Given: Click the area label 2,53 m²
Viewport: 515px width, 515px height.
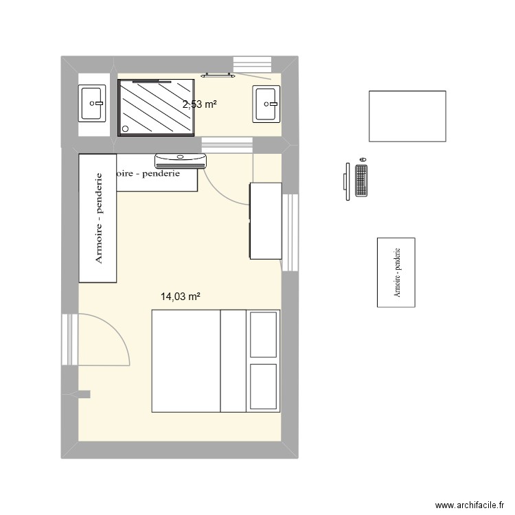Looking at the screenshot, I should click(x=199, y=104).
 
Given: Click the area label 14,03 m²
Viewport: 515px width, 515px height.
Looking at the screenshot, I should click(x=180, y=297).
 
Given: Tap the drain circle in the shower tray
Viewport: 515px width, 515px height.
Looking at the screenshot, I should click(x=125, y=128).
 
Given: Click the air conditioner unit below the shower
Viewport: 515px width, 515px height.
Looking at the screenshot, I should click(x=181, y=161).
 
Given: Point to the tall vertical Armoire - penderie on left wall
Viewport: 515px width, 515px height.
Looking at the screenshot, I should click(x=98, y=218).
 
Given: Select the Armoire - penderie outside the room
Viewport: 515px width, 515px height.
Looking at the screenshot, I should click(x=396, y=272).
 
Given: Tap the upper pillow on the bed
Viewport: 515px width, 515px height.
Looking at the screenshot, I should click(x=264, y=335).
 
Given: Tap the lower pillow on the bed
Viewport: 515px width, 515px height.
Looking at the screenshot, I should click(x=264, y=387).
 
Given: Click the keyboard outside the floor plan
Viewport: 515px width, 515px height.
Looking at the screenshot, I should click(x=362, y=182).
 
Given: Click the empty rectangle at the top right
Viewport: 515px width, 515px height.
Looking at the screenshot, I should click(x=407, y=116).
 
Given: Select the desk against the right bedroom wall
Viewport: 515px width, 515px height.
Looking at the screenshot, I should click(x=265, y=220).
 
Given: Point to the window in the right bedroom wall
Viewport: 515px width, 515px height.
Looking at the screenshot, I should click(x=291, y=231).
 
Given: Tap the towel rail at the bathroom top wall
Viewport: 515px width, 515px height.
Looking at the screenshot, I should click(x=219, y=75).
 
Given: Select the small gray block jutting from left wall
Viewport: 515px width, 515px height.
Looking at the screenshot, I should click(x=84, y=394).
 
